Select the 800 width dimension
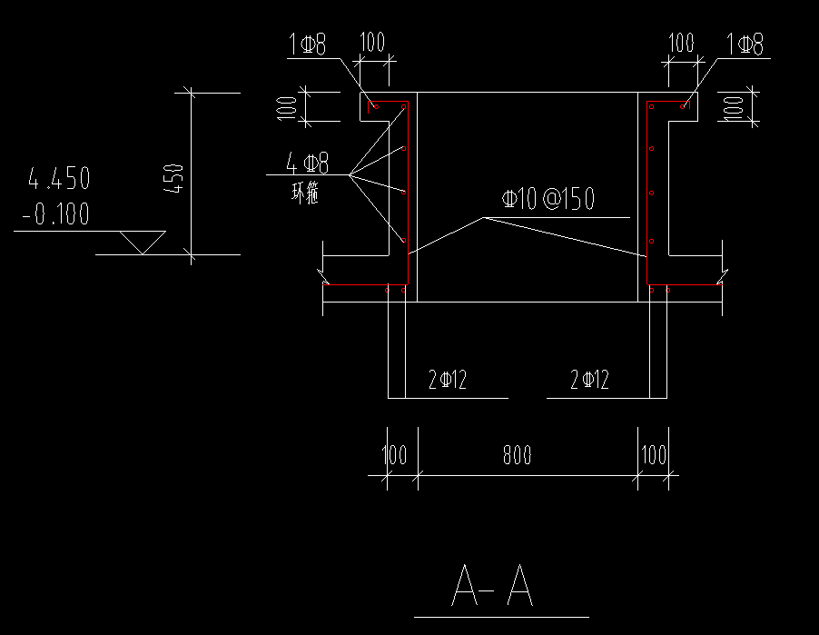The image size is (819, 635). tap(517, 455)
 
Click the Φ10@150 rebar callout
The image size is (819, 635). tap(548, 200)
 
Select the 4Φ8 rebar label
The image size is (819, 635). tap(307, 164)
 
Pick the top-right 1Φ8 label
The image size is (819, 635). tap(745, 44)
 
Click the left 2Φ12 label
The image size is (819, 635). tap(447, 380)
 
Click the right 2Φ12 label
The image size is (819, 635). tap(588, 380)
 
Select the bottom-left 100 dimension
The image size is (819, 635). tap(394, 455)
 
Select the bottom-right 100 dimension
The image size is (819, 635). tap(653, 455)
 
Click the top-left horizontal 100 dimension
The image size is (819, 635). tap(373, 43)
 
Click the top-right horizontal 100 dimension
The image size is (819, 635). tap(681, 43)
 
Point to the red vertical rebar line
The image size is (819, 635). tap(646, 194)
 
